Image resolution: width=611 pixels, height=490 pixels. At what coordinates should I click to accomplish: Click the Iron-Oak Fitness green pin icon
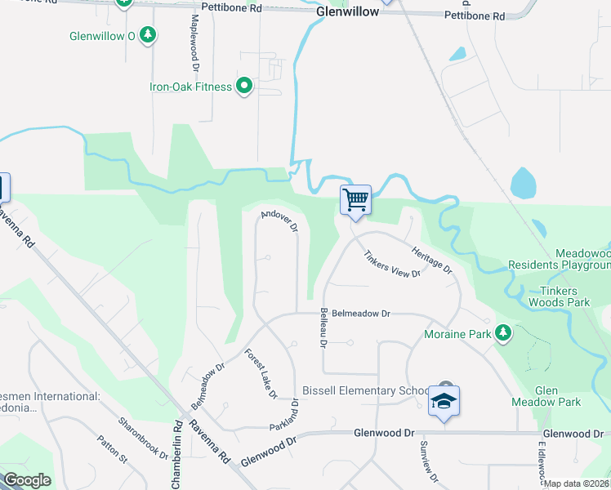(243, 87)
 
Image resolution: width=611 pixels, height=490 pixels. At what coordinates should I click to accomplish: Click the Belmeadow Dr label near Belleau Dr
(362, 313)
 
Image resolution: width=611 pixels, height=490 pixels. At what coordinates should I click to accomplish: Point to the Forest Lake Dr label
(261, 373)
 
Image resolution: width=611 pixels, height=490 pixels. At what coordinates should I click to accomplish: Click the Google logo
(27, 480)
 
